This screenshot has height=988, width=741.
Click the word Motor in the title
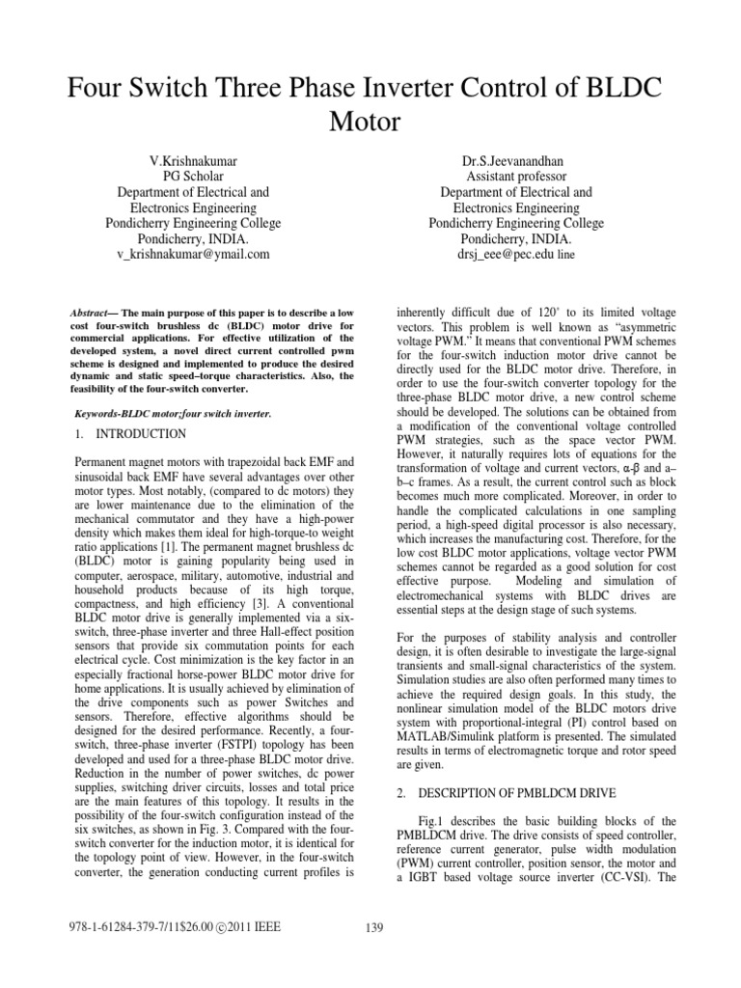[370, 122]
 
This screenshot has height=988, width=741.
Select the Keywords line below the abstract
[174, 413]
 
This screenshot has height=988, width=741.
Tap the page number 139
[375, 928]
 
